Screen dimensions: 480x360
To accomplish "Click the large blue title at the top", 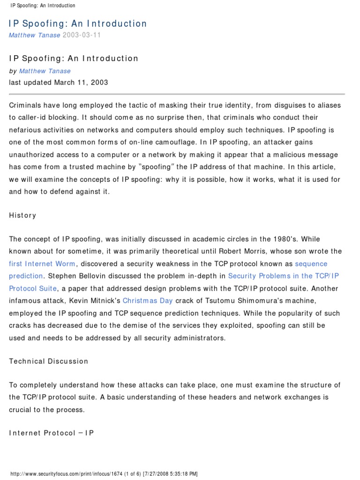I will (78, 23).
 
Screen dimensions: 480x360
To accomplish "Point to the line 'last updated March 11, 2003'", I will (59, 82).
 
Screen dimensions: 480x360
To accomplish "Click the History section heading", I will (22, 215).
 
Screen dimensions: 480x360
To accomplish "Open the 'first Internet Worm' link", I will (42, 264).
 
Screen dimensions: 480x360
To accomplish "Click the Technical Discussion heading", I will (49, 361).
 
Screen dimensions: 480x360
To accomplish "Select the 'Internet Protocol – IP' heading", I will (52, 433).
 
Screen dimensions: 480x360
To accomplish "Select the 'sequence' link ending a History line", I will (311, 264).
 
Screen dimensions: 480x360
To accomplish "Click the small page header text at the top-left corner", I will (42, 6).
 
